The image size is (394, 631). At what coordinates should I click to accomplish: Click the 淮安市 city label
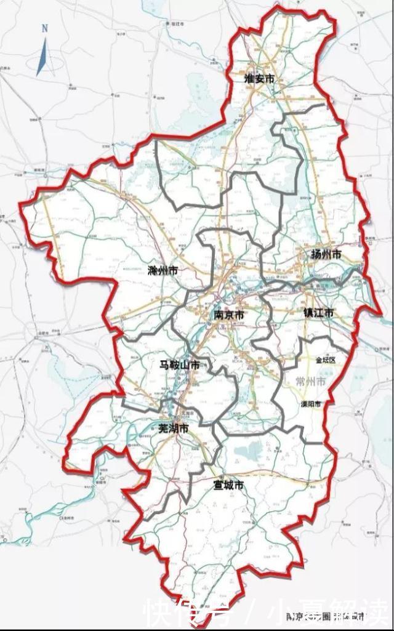click(x=259, y=78)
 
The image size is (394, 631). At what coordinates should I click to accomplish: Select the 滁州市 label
click(x=163, y=270)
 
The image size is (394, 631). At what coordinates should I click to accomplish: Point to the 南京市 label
click(x=229, y=315)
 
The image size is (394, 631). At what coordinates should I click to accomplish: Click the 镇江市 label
click(x=318, y=313)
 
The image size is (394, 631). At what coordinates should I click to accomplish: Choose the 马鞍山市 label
click(x=179, y=365)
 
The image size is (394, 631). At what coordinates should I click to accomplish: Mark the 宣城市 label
click(x=228, y=485)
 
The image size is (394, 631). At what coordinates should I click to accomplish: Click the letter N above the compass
click(x=44, y=28)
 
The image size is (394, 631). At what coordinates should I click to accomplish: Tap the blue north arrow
click(x=42, y=57)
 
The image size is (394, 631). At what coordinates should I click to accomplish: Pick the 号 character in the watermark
click(x=219, y=612)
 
